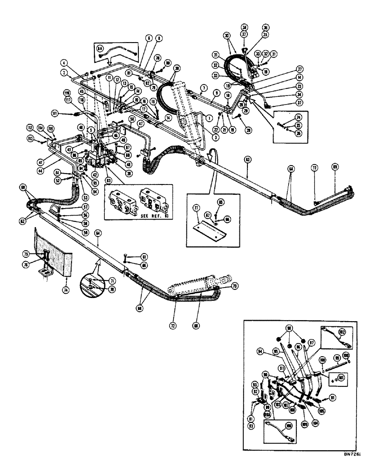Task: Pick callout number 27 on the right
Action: [x=300, y=68]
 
